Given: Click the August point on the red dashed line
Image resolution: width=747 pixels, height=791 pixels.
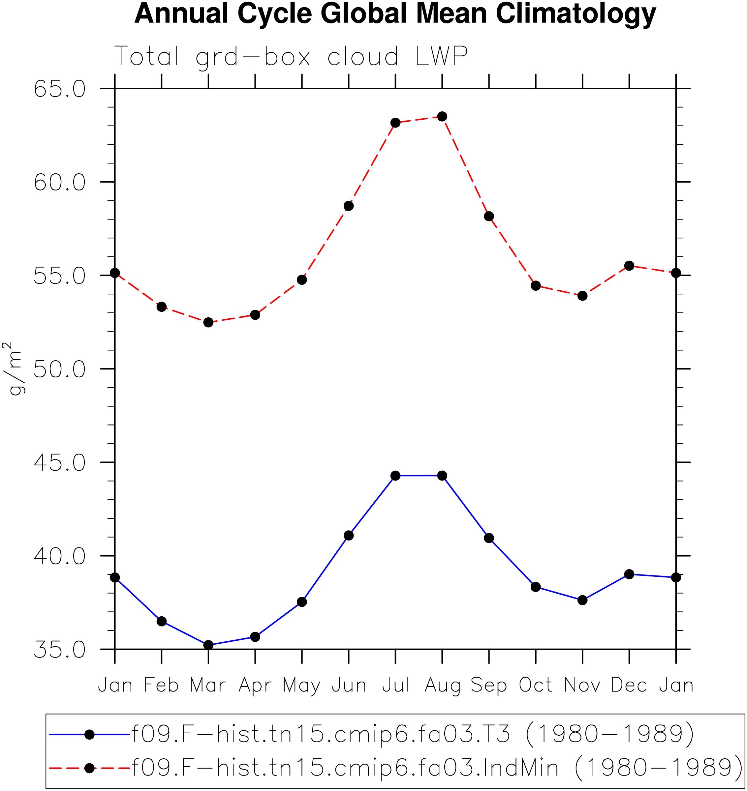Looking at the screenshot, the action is pyautogui.click(x=442, y=117).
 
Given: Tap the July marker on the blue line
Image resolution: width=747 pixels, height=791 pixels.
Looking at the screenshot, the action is pyautogui.click(x=395, y=476).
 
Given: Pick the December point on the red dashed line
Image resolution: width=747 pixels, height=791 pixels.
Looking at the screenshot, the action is pyautogui.click(x=629, y=266).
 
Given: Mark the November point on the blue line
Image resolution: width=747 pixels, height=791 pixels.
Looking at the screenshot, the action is pyautogui.click(x=582, y=600).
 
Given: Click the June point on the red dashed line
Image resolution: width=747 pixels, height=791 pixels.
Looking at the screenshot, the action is pyautogui.click(x=349, y=206).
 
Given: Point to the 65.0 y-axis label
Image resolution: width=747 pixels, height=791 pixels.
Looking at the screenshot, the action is pyautogui.click(x=60, y=89).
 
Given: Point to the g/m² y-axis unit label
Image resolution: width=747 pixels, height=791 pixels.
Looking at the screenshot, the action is pyautogui.click(x=13, y=368).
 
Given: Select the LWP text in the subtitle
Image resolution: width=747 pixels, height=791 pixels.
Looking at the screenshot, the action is pyautogui.click(x=442, y=56).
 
